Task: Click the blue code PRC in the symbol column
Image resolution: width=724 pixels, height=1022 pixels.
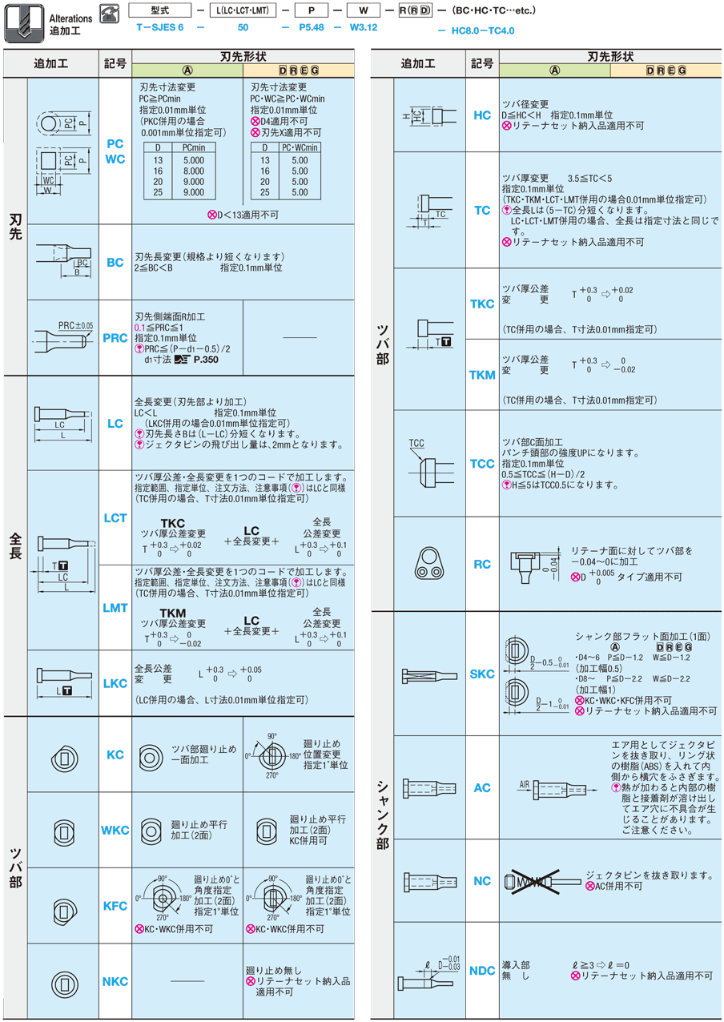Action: click(115, 338)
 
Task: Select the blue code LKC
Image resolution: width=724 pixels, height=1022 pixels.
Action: click(115, 683)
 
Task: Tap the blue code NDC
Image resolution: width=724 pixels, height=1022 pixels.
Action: click(482, 971)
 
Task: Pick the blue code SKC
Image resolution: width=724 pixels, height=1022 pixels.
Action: click(482, 674)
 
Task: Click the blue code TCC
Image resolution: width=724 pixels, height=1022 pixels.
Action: click(482, 464)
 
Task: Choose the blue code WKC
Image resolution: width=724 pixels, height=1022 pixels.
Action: click(115, 830)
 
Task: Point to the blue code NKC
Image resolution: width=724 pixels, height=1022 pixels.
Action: click(115, 981)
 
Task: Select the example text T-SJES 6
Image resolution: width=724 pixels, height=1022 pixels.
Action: click(160, 27)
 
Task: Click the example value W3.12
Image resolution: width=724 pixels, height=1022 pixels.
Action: click(364, 27)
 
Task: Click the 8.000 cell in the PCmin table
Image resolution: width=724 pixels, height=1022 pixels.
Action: click(194, 171)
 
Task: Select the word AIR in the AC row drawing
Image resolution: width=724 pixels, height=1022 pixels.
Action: click(525, 784)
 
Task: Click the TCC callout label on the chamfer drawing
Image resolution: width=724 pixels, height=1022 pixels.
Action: click(416, 442)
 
